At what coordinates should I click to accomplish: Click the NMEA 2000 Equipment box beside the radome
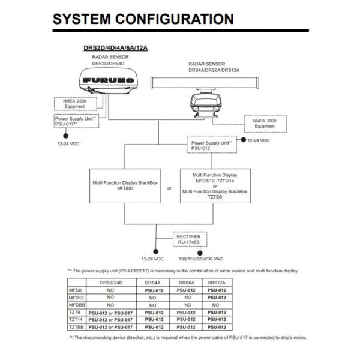(74, 103)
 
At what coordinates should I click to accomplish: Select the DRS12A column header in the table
(217, 281)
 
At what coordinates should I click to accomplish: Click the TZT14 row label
(76, 320)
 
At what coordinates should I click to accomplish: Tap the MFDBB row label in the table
(76, 304)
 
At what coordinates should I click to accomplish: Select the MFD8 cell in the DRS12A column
(217, 289)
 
